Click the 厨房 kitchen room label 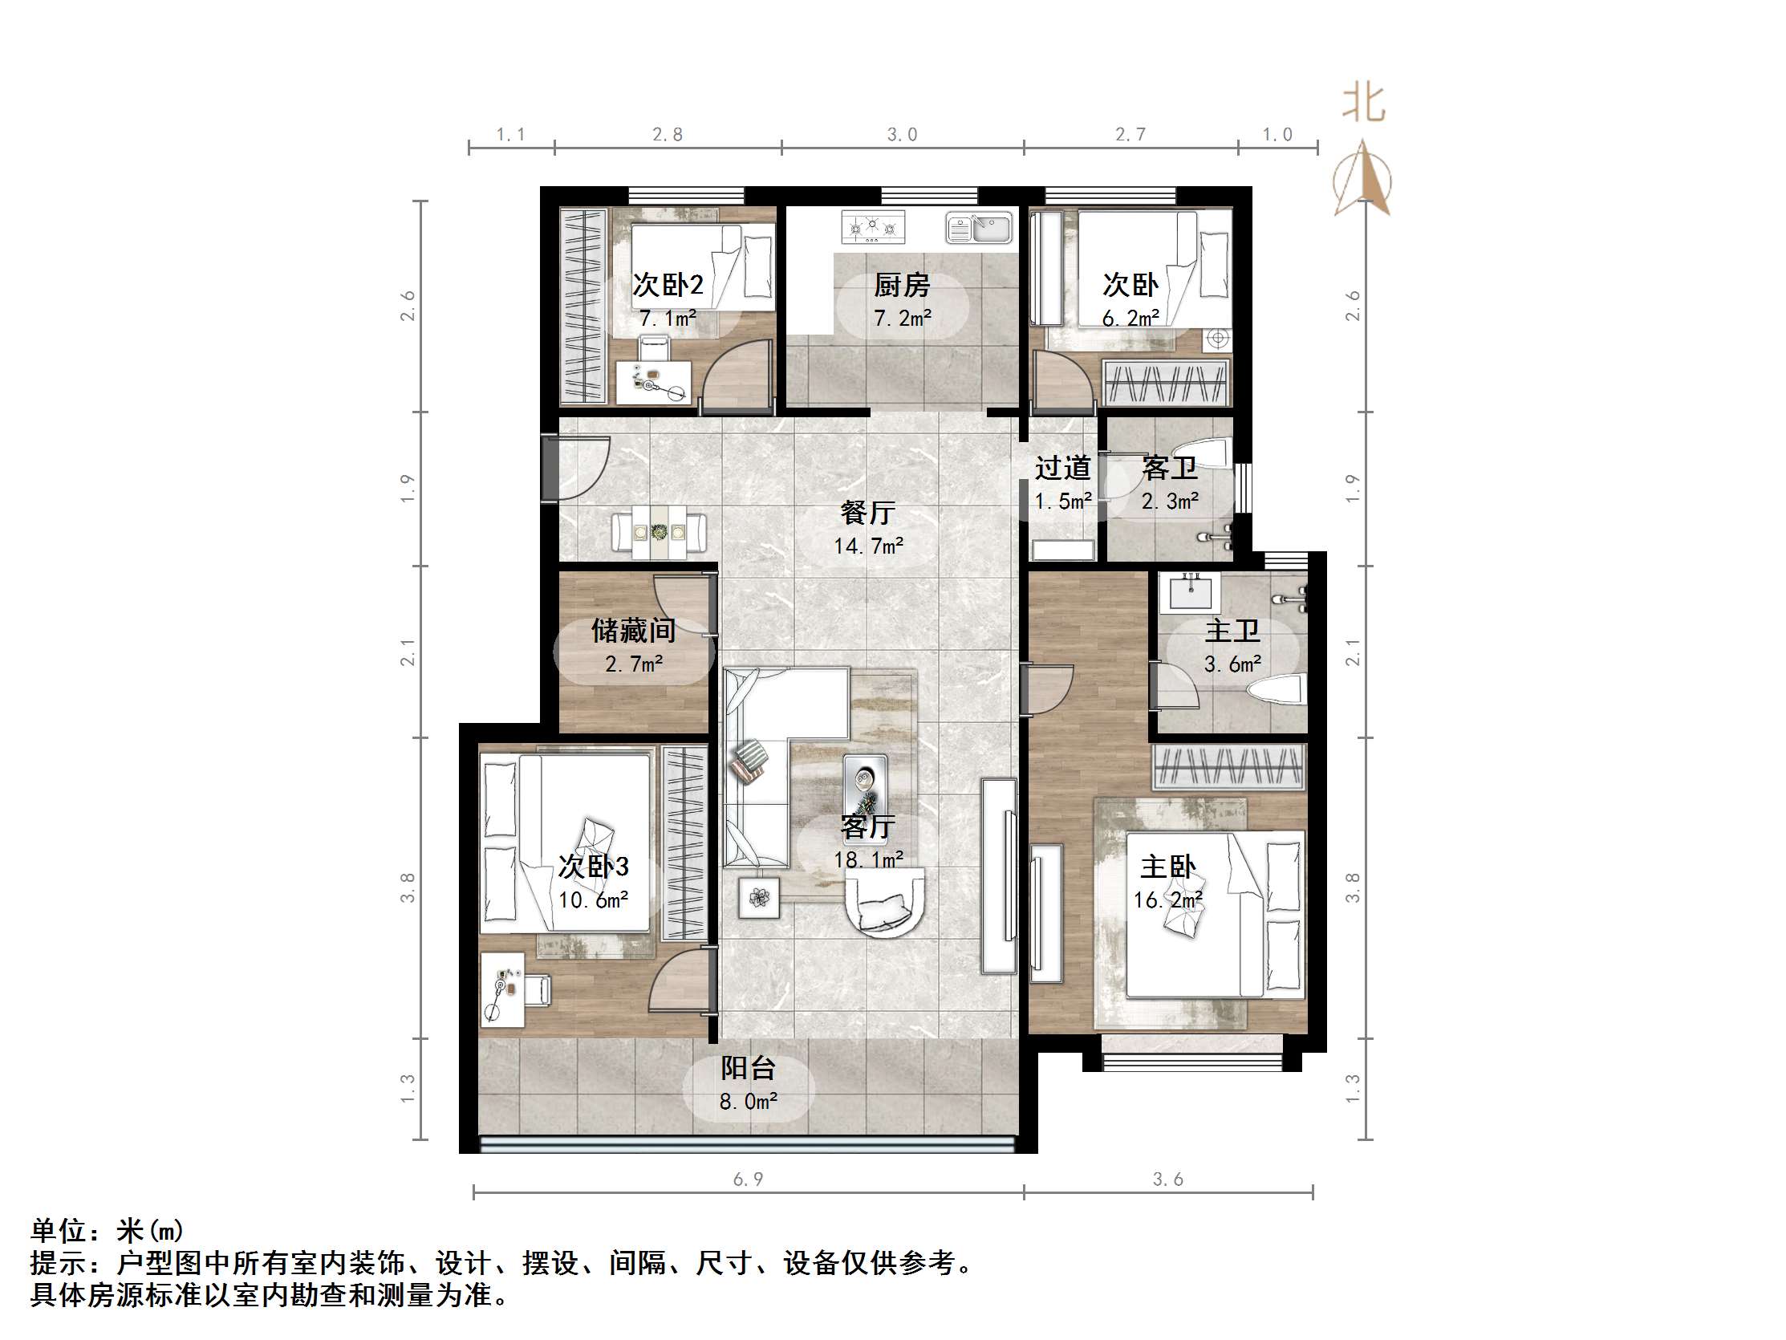[x=901, y=285]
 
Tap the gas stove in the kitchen [x=873, y=227]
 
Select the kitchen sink [x=979, y=229]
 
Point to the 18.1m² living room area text [x=869, y=860]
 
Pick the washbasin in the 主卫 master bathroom [x=1190, y=593]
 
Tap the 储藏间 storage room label [x=633, y=631]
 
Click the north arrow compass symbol [x=1362, y=179]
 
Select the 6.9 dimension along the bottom [x=748, y=1180]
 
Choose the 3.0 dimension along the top [x=902, y=135]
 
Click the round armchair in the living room [x=885, y=903]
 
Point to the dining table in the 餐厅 [x=659, y=532]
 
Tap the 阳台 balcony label [x=748, y=1069]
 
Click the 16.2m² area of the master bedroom [x=1167, y=899]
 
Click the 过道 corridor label [x=1062, y=468]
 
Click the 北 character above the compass [x=1363, y=104]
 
